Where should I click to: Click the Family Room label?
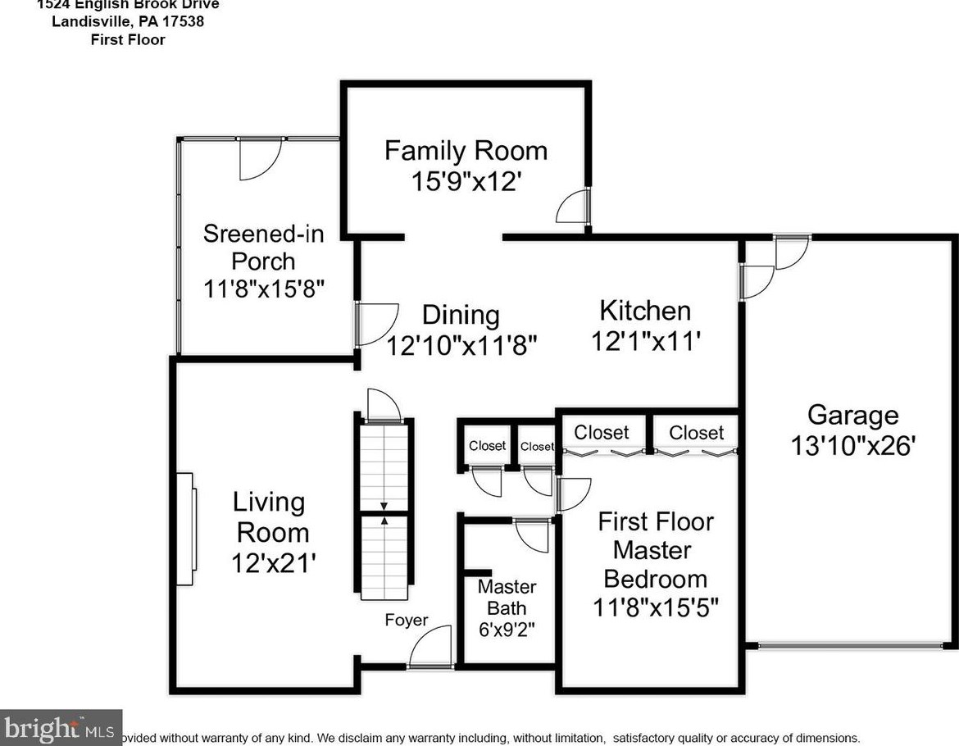(x=466, y=151)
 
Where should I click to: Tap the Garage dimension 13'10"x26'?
(x=852, y=445)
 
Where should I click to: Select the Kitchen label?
(x=645, y=311)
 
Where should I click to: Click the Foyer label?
(x=407, y=620)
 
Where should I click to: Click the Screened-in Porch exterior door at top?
(x=259, y=157)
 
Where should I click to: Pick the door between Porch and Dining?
(x=374, y=323)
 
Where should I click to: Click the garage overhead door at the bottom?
(x=849, y=646)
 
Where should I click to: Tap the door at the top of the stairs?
(x=384, y=406)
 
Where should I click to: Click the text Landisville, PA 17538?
(x=127, y=22)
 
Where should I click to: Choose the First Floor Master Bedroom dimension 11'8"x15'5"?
(x=656, y=607)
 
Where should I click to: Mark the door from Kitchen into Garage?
(x=756, y=279)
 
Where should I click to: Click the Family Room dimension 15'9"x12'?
(x=466, y=180)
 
